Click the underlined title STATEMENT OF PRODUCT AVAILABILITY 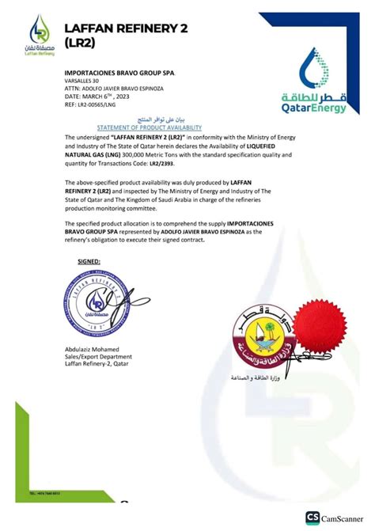[x=149, y=127]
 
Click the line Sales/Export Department [x=98, y=357]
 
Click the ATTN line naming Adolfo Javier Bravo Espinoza [x=113, y=89]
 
